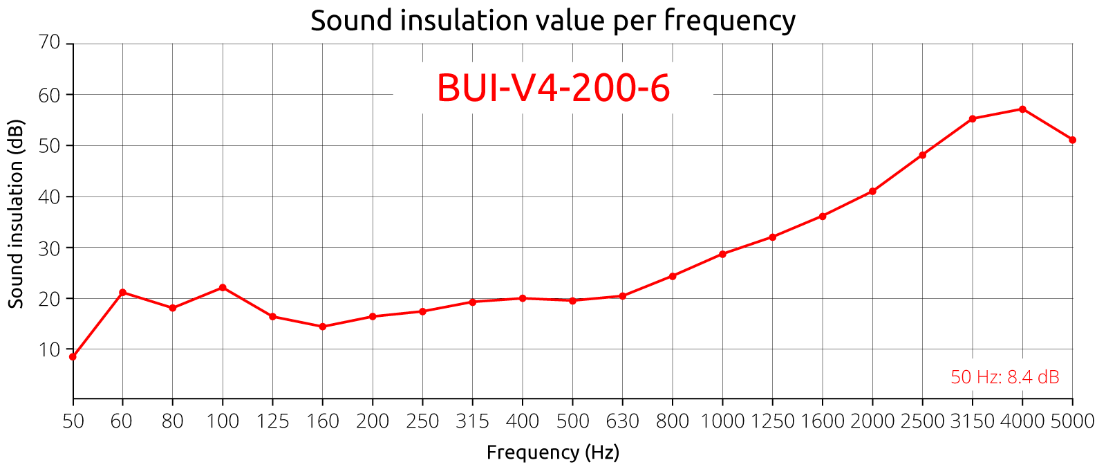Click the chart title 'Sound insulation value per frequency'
pos(552,20)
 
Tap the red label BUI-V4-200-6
pos(553,89)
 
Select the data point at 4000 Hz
pos(1022,109)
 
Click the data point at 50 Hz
pos(73,357)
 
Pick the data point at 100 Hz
pos(223,287)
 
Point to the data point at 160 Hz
pos(323,327)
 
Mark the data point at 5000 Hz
pos(1072,140)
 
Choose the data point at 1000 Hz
pos(722,254)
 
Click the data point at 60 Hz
pos(122,292)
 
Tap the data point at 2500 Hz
pos(922,155)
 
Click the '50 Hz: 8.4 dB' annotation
pos(1004,377)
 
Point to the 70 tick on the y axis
pos(50,43)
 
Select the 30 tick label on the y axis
pos(50,248)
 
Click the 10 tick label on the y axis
pos(50,349)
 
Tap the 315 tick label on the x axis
pos(472,421)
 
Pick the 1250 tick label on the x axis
pos(772,421)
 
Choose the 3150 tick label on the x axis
pos(972,421)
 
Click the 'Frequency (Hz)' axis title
pos(553,452)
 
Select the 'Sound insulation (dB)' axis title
pos(17,214)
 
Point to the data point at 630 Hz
pos(622,296)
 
